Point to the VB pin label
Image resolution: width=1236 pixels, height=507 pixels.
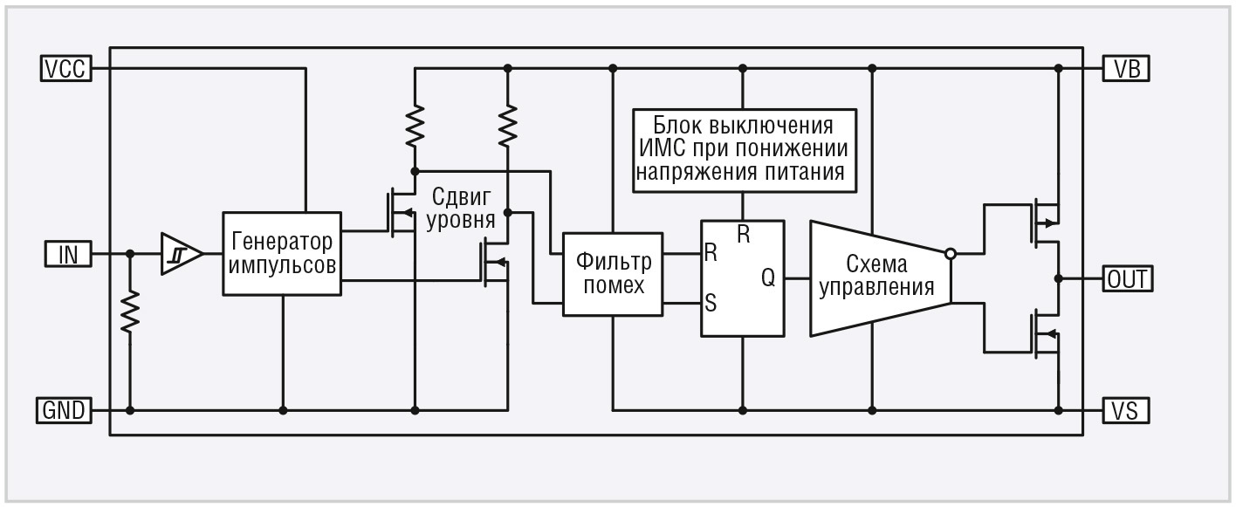[1127, 69]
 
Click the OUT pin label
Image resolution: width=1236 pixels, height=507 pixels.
[1128, 279]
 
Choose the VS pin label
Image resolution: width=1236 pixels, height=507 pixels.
[1127, 409]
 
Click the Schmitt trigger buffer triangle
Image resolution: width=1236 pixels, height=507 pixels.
[179, 254]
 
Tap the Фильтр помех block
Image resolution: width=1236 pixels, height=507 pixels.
[612, 272]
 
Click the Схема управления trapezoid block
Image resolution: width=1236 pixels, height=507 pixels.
[877, 277]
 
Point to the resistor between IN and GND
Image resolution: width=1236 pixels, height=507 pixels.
[130, 312]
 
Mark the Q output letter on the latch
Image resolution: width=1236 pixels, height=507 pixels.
[767, 277]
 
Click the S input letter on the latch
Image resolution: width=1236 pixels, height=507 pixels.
[711, 304]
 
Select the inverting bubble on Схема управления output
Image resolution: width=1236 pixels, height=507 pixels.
[950, 254]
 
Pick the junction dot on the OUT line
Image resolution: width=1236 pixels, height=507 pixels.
[1058, 279]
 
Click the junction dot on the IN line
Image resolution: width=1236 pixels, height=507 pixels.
[130, 254]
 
